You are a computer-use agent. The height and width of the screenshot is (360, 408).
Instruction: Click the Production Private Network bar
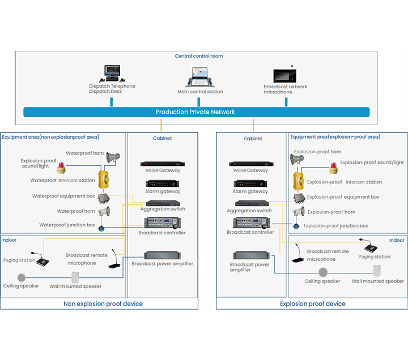(x=196, y=112)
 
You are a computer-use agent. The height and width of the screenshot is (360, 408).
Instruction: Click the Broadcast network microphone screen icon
(x=286, y=76)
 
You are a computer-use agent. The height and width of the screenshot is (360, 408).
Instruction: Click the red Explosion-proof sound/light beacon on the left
(x=61, y=167)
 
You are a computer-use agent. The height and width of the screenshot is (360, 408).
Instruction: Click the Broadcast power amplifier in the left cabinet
(x=162, y=255)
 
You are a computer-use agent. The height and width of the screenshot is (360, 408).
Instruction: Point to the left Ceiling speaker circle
(x=22, y=277)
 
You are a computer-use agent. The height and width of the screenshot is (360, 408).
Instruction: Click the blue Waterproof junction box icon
(x=102, y=228)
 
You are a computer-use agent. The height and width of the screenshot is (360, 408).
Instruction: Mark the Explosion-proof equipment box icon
(x=299, y=197)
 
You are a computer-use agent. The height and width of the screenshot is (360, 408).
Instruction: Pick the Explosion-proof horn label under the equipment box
(x=331, y=212)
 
